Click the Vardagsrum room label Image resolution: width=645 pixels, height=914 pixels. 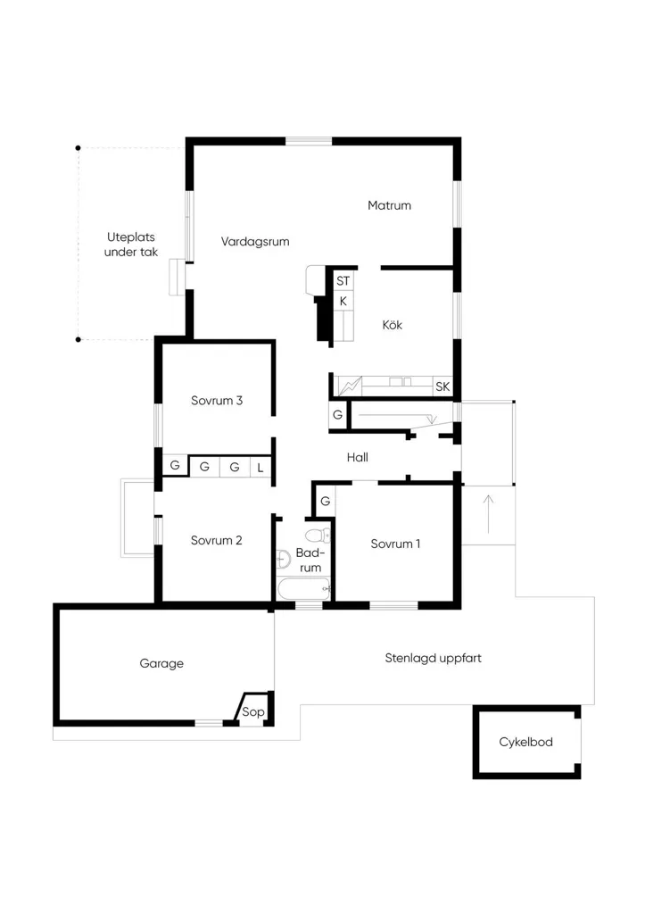click(x=255, y=241)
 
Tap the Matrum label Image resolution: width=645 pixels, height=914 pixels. click(x=389, y=205)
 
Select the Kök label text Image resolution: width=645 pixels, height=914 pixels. click(x=393, y=325)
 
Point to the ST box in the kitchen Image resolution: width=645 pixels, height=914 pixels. click(x=343, y=281)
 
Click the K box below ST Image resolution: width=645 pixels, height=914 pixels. click(x=343, y=302)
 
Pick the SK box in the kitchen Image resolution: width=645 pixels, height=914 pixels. click(x=442, y=386)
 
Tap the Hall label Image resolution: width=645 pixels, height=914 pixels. click(x=357, y=458)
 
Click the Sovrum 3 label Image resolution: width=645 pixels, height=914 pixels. click(x=217, y=401)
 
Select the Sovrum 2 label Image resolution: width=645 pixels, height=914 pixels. click(x=216, y=540)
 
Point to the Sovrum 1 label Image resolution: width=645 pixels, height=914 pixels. click(x=395, y=544)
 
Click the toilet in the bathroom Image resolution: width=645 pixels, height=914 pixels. click(x=318, y=535)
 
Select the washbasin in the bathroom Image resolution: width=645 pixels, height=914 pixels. click(x=283, y=559)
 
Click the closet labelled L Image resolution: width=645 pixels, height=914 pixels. click(x=260, y=467)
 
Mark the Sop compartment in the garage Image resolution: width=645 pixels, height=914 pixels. click(x=253, y=710)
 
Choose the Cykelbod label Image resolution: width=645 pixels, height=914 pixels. click(x=525, y=742)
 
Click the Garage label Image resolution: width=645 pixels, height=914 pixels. click(x=161, y=663)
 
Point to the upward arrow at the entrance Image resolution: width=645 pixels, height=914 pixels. click(x=488, y=514)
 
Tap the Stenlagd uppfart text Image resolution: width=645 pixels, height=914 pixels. click(x=433, y=658)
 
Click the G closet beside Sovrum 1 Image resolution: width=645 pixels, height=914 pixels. click(x=325, y=501)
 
